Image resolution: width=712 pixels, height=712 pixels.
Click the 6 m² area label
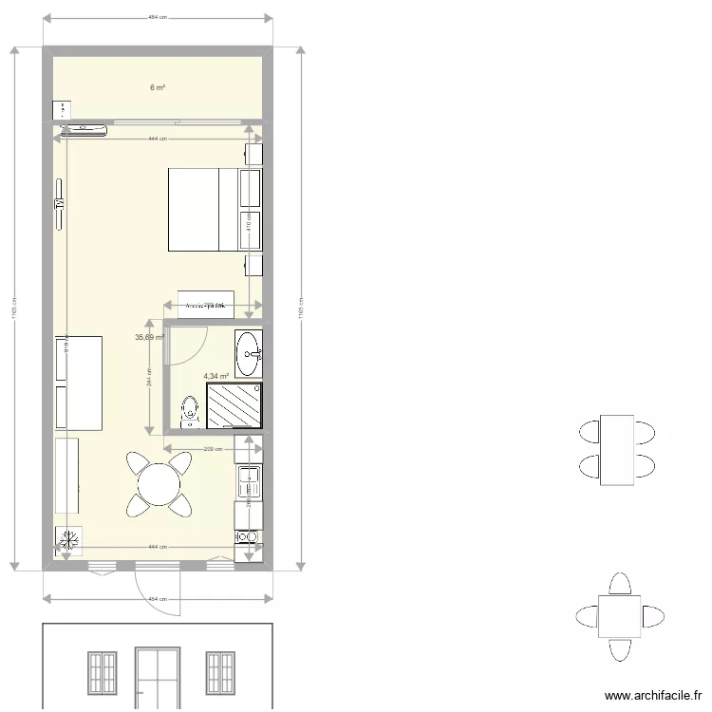point(157,87)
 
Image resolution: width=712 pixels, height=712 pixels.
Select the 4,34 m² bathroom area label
point(215,376)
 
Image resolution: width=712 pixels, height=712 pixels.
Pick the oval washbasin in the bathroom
point(249,352)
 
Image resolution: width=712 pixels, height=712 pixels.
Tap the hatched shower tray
point(234,405)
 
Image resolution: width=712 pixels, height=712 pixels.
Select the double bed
point(204,209)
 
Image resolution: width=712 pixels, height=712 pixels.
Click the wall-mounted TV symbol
point(59,204)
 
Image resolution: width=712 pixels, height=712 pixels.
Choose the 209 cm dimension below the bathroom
point(213,450)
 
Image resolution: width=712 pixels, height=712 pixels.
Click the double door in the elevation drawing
point(157,677)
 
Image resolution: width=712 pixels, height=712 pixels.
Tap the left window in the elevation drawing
point(102,673)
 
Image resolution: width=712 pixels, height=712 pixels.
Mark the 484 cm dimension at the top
point(158,18)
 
